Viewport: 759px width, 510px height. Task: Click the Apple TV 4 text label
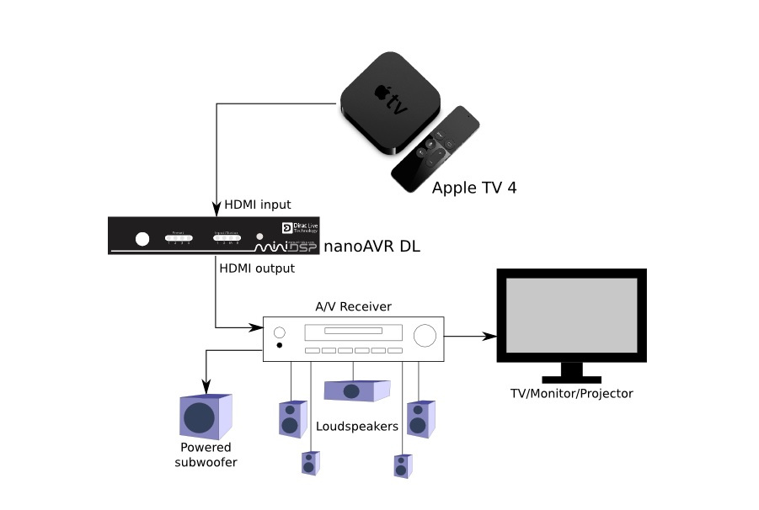[473, 188]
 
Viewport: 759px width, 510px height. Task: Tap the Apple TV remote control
[436, 149]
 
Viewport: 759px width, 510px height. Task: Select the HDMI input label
[257, 205]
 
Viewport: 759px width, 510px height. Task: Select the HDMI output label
[257, 268]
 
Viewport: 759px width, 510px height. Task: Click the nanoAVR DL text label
[371, 247]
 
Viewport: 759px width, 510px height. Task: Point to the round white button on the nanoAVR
[142, 239]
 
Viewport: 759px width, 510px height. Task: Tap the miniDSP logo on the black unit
[281, 245]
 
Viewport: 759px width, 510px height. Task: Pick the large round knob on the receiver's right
[425, 335]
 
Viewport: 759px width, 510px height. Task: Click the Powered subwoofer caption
[205, 455]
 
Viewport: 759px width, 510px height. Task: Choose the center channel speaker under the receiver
[356, 390]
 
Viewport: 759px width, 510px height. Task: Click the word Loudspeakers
[356, 427]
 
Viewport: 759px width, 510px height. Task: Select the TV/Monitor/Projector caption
[571, 394]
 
